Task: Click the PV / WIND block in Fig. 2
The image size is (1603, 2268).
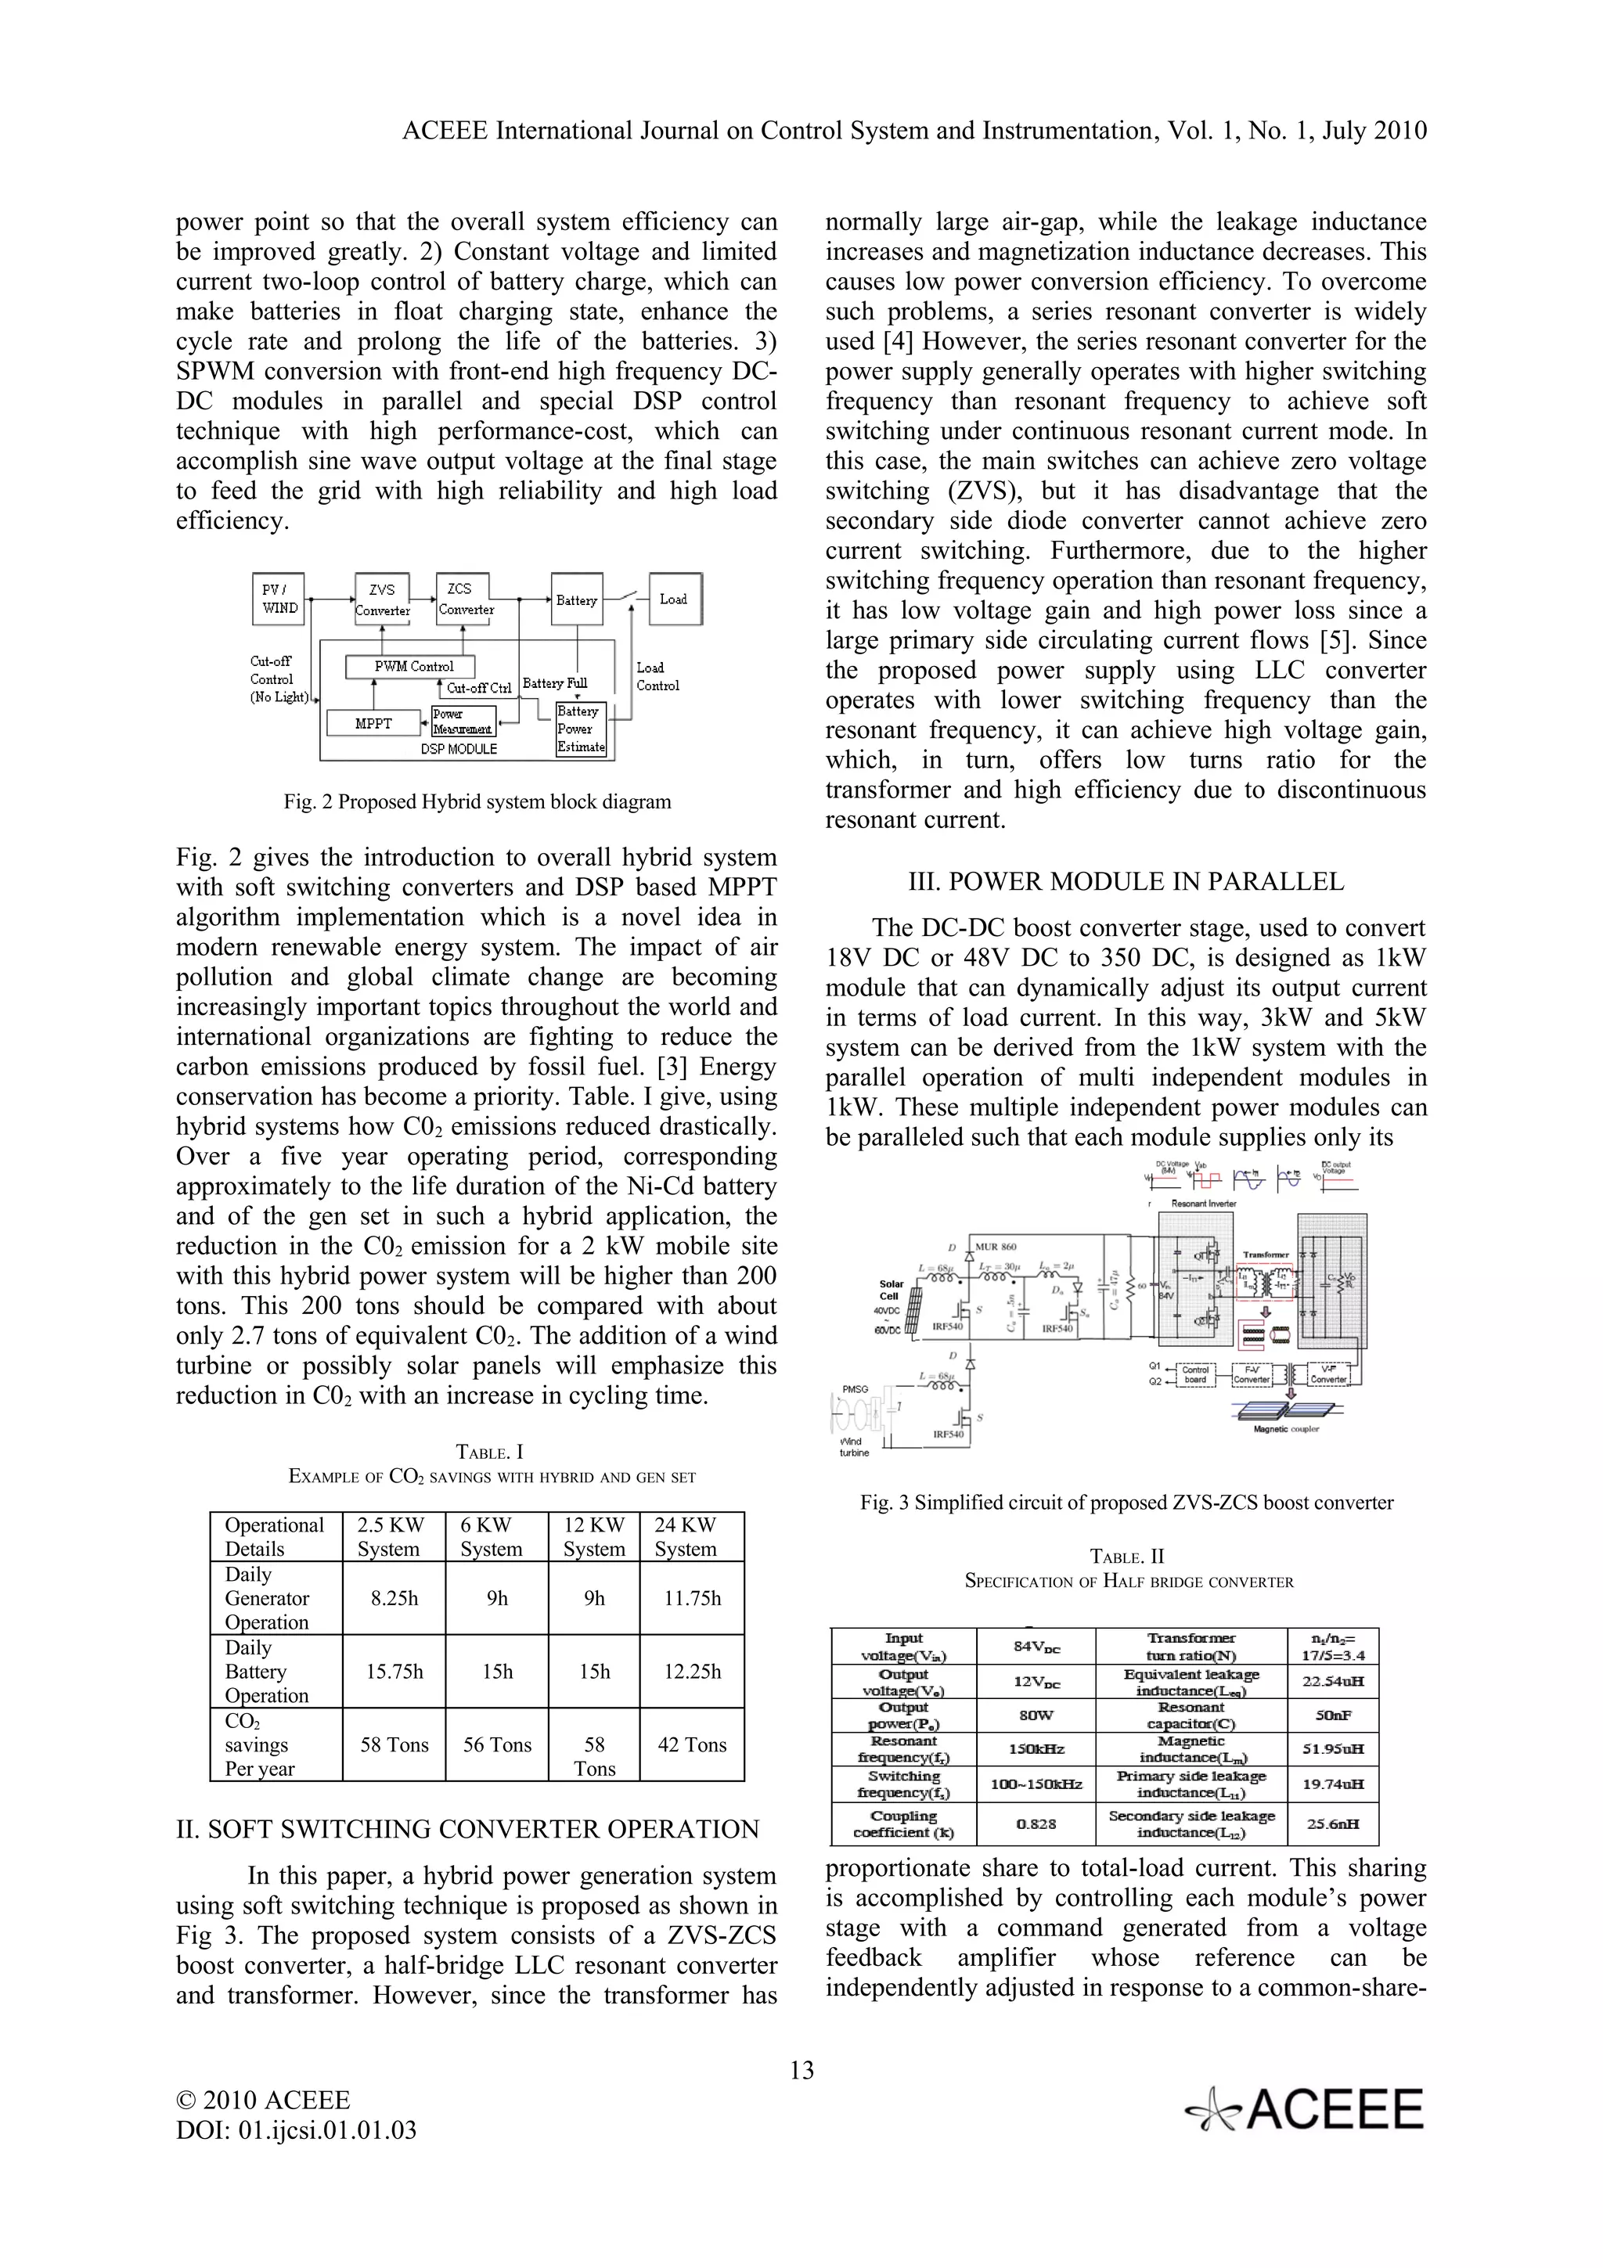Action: pos(279,599)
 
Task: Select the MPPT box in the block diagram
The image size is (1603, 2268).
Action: pos(373,724)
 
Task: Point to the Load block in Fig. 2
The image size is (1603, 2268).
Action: pos(674,599)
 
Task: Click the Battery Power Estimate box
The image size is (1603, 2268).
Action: pos(580,729)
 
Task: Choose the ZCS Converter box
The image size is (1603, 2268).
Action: pos(465,599)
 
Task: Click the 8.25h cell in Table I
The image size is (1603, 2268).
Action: pos(394,1598)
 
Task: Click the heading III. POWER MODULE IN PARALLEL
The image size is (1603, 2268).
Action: pos(1126,882)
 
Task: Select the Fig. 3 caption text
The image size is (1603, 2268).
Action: pos(1126,1503)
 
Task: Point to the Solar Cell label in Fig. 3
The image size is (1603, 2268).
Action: pos(891,1290)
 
